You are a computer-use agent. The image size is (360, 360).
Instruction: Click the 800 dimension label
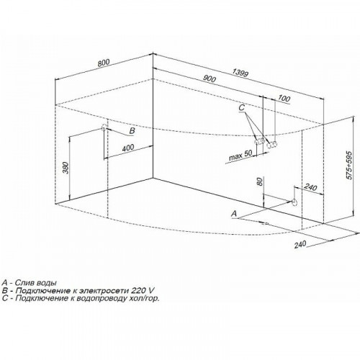click(104, 63)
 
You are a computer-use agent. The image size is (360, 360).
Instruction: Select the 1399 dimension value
click(240, 73)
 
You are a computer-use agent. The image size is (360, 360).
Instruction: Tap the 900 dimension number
click(210, 78)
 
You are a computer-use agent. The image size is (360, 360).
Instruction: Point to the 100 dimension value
click(284, 98)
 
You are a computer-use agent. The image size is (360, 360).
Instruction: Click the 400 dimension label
click(128, 148)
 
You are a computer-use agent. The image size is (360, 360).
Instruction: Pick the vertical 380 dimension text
click(66, 168)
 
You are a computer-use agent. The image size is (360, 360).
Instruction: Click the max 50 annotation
click(240, 155)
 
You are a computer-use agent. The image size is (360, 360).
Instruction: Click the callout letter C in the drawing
click(241, 108)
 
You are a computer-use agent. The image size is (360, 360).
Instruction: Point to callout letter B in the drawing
click(132, 130)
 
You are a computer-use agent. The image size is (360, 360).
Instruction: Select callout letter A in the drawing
click(234, 213)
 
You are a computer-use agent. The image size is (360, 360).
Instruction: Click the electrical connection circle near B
click(104, 127)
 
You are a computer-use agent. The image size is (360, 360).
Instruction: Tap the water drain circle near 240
click(294, 202)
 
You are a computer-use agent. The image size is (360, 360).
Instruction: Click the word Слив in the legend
click(25, 282)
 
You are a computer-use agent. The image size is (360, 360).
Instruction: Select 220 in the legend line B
click(138, 290)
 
